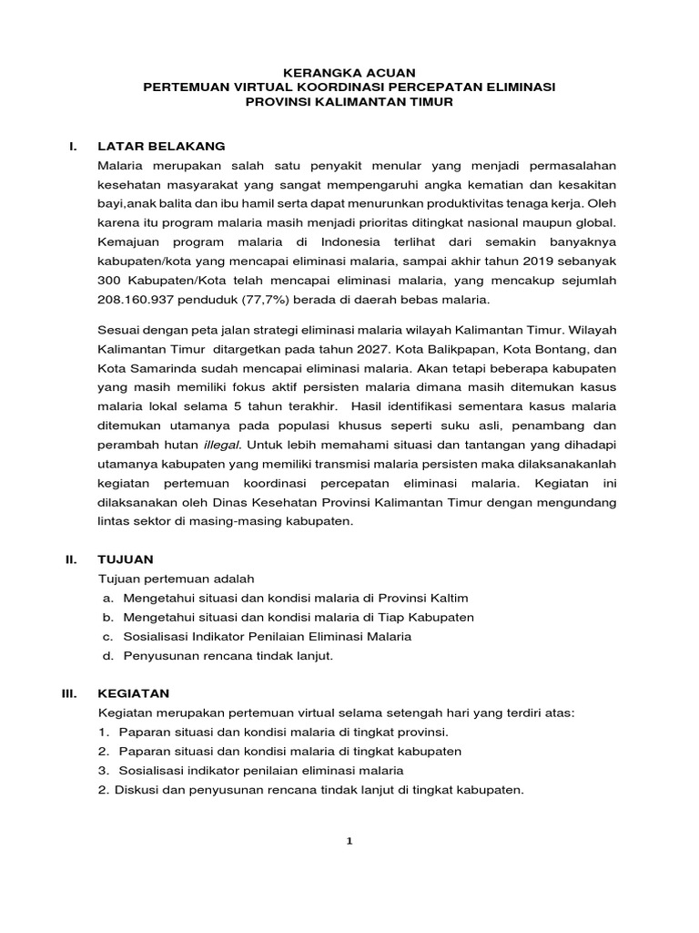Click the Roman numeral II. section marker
(x=71, y=559)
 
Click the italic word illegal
(x=218, y=445)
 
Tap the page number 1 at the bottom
(x=349, y=841)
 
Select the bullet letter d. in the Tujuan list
(x=108, y=656)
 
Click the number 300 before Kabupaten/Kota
(x=109, y=280)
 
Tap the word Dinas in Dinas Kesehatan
(x=237, y=502)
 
